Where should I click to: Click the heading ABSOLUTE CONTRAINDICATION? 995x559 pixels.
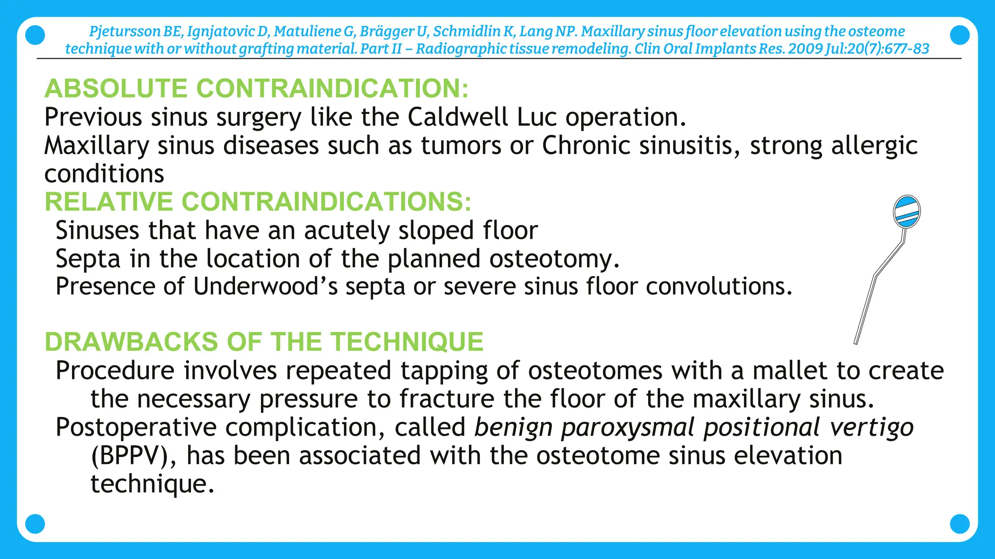pos(257,88)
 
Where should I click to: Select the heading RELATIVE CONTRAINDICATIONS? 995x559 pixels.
pos(258,201)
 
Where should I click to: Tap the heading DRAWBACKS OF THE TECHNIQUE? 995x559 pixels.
pos(264,342)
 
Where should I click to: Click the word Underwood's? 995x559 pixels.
pos(265,286)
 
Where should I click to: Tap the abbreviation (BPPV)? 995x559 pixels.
pos(134,456)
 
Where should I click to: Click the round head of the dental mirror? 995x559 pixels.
pos(907,212)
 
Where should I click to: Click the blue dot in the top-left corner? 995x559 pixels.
pos(34,35)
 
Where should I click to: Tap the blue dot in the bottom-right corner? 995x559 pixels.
pos(959,524)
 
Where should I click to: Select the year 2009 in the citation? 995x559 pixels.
pos(805,49)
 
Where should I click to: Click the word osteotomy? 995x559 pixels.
pos(553,259)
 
